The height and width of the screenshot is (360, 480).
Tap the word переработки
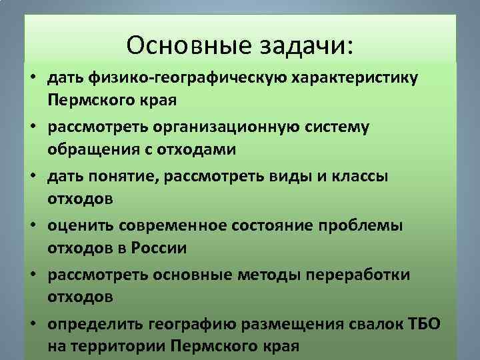[x=364, y=275]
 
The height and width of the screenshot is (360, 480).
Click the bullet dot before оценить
[x=32, y=226]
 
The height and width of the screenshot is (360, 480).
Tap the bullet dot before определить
[x=32, y=325]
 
